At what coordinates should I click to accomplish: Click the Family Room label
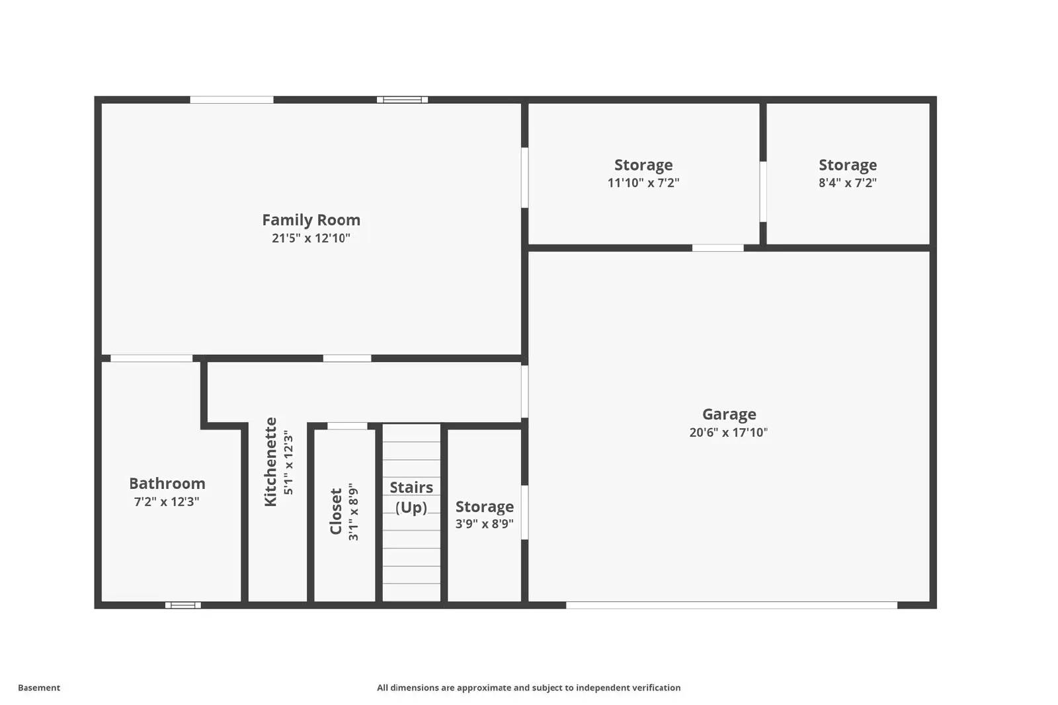(x=311, y=220)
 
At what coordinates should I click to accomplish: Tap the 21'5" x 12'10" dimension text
(x=311, y=239)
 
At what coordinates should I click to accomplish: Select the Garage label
(x=729, y=414)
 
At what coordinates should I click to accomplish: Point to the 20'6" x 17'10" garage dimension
(x=728, y=433)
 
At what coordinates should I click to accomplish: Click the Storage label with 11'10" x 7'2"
(x=643, y=165)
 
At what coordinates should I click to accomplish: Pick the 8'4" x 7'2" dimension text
(x=847, y=183)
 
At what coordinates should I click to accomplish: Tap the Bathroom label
(x=167, y=484)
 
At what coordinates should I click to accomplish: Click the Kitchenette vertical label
(x=270, y=462)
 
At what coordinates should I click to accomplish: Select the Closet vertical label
(x=336, y=511)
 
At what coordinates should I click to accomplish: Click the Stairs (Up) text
(x=411, y=497)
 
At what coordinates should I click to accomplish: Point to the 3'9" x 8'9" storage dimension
(x=484, y=524)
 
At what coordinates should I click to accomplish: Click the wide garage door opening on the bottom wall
(x=731, y=605)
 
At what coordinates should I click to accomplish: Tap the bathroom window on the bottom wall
(x=183, y=605)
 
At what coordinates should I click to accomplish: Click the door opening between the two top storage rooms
(x=762, y=192)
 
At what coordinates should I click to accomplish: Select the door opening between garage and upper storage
(x=717, y=248)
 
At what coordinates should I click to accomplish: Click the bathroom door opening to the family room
(x=151, y=358)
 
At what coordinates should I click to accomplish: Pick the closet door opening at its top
(x=347, y=426)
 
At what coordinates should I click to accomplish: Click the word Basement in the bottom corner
(x=39, y=688)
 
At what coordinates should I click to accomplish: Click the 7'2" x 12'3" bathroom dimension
(x=167, y=502)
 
